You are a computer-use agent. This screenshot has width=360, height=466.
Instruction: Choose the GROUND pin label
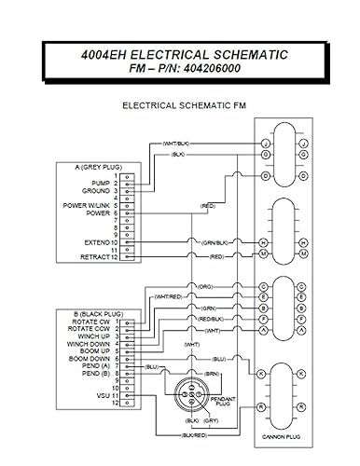[96, 190]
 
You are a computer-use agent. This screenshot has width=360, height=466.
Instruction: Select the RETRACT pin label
[95, 257]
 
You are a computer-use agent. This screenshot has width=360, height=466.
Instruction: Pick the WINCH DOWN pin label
[90, 344]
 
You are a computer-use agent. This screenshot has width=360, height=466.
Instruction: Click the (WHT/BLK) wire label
[176, 142]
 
